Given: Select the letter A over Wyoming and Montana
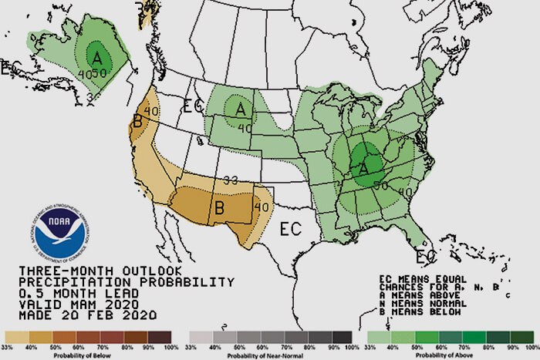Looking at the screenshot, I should pyautogui.click(x=240, y=109).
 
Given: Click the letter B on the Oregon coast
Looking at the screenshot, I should pyautogui.click(x=137, y=121).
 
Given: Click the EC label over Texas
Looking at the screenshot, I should pyautogui.click(x=290, y=229).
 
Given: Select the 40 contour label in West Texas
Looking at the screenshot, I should pyautogui.click(x=262, y=206).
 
